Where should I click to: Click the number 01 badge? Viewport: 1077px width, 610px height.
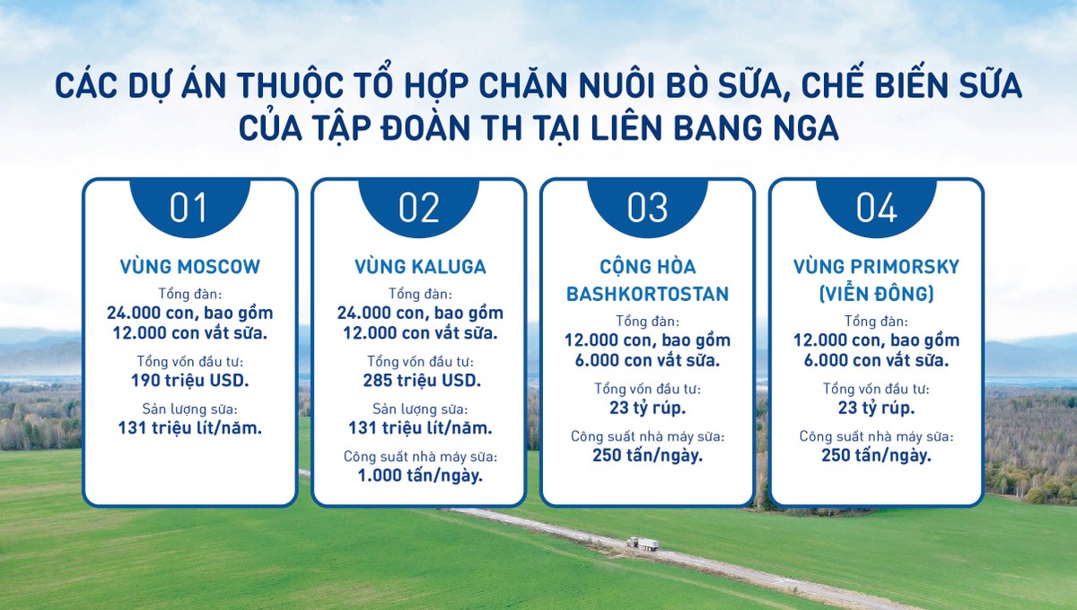(190, 208)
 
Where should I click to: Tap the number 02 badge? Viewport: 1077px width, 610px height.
(419, 208)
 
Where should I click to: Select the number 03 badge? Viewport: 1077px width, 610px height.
(648, 208)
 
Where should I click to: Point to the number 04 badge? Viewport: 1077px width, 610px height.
(877, 208)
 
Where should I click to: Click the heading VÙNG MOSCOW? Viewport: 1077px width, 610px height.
(190, 266)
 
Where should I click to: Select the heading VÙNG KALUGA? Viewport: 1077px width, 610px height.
(420, 266)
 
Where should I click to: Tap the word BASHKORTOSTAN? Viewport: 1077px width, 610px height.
(648, 294)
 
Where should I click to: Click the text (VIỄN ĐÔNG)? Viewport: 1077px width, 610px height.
(877, 294)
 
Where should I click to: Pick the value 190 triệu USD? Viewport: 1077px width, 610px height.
(190, 380)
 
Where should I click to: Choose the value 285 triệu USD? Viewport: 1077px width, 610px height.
(422, 380)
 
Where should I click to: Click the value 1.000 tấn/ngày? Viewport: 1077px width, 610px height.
(420, 475)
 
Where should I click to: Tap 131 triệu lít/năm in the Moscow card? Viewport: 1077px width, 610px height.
(190, 428)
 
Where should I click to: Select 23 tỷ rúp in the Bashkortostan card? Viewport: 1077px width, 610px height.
(648, 408)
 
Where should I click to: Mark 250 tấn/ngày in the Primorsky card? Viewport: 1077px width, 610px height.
(877, 455)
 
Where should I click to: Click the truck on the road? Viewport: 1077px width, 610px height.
(643, 544)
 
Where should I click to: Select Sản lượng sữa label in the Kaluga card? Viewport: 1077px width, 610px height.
(420, 409)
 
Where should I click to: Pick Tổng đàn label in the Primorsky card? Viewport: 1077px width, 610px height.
(877, 321)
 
